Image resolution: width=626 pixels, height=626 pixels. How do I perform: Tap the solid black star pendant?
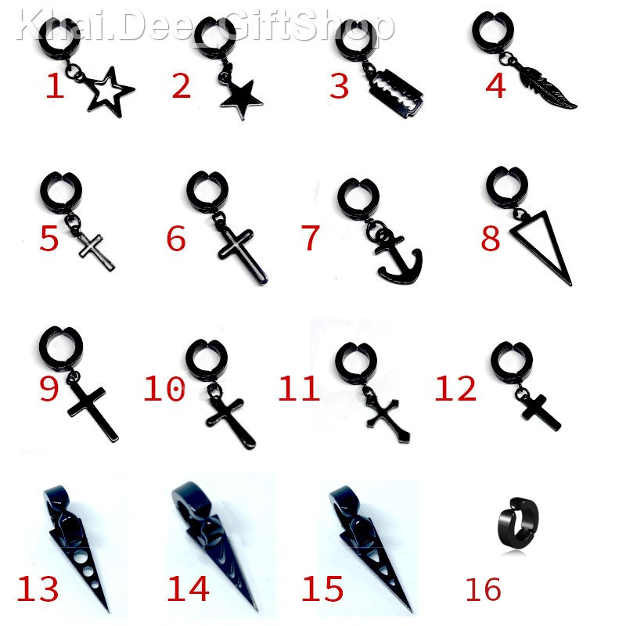click(x=241, y=99)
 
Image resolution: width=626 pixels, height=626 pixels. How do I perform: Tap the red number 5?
click(x=49, y=239)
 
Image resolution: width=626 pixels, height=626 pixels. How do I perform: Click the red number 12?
click(x=455, y=388)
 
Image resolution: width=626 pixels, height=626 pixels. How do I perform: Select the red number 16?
click(x=483, y=589)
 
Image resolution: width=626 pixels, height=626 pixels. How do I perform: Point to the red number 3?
click(x=339, y=86)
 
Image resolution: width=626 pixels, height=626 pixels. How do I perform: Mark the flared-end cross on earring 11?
click(x=386, y=419)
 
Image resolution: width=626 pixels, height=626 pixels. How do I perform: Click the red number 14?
click(x=188, y=588)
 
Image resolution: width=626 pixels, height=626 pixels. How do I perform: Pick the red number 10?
click(x=164, y=388)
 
